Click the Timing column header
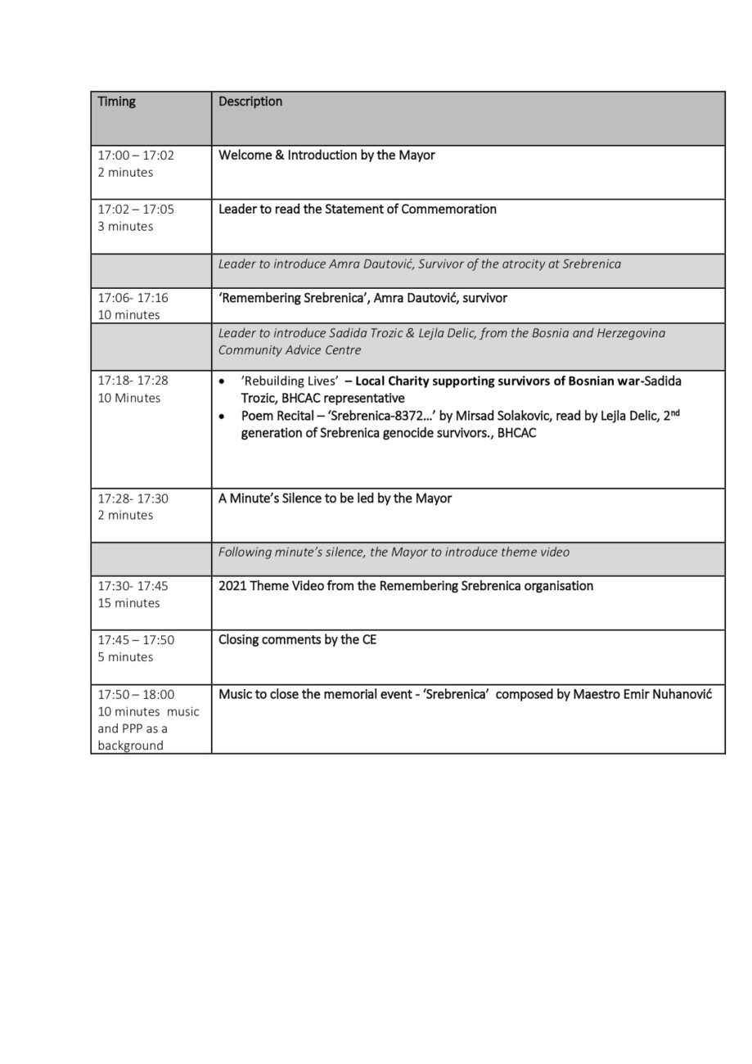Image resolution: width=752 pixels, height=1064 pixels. point(117,101)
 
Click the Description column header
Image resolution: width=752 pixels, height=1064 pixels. point(250,101)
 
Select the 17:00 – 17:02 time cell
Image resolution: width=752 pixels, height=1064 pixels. point(136,155)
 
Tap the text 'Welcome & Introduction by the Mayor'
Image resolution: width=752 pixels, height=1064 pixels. point(326,155)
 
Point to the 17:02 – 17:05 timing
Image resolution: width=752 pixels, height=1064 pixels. point(136,209)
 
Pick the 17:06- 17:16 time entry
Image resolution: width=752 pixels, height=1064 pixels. point(133,298)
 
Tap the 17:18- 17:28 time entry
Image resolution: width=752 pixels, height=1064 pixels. point(133,381)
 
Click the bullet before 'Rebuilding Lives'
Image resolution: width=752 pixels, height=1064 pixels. point(223,382)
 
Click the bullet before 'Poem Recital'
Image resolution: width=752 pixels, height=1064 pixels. point(223,417)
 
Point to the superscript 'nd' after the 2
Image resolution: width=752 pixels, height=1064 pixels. point(675,413)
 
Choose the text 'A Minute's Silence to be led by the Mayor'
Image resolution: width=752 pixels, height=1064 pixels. point(335,498)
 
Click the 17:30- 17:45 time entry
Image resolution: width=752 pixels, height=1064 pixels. point(133,586)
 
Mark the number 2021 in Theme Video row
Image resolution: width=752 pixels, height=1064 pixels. point(232,586)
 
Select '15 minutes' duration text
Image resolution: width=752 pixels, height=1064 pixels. point(128,603)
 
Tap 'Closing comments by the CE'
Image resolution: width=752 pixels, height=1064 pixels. point(297,639)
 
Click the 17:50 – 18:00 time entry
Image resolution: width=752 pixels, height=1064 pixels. point(136,694)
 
